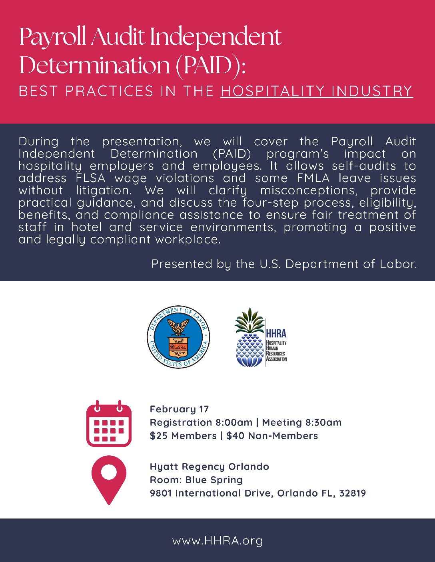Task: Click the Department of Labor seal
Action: pos(178,337)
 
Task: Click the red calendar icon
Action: pos(109,423)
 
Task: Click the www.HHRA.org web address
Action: pos(217,541)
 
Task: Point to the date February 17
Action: pos(179,409)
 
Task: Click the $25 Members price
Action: pos(183,435)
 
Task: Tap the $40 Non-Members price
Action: pos(272,435)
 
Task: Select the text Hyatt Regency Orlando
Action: pos(209,467)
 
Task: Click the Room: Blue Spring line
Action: pos(196,480)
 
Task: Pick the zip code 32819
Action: pos(352,493)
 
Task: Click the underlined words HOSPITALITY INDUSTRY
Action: pos(316,91)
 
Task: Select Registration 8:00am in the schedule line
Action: pos(201,422)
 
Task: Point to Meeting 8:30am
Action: pos(302,422)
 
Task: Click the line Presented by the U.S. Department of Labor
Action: pos(284,264)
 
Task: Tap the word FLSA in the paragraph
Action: pos(90,178)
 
